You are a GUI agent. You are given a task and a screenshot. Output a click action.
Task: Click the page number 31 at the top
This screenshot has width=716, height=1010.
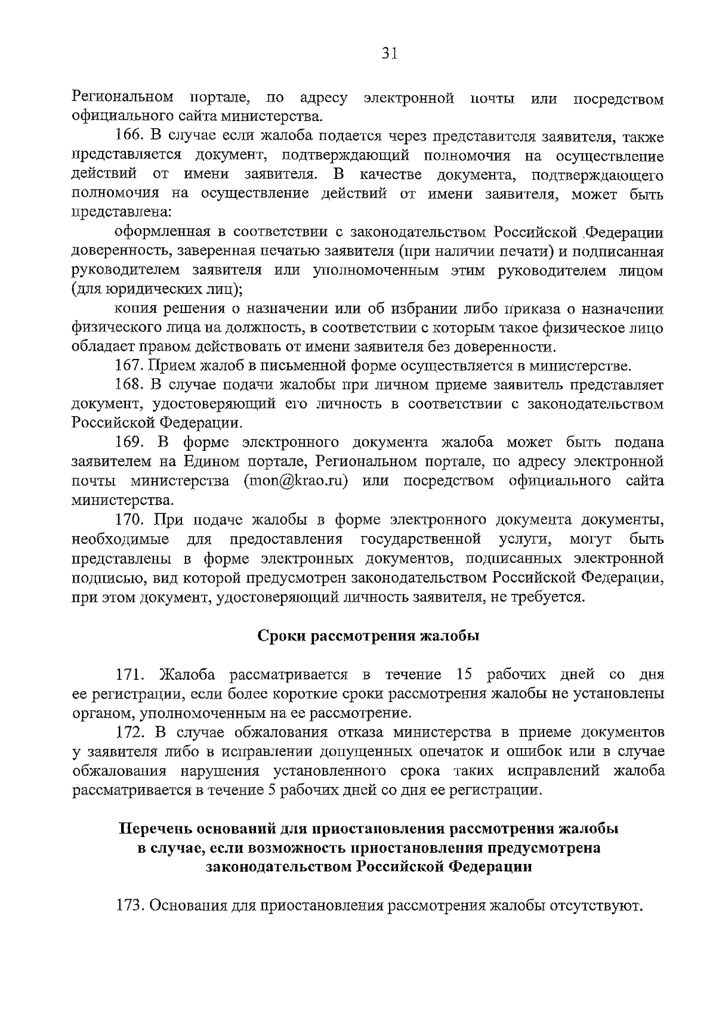click(x=388, y=54)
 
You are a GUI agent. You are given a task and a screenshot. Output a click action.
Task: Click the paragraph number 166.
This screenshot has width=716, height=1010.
click(x=128, y=138)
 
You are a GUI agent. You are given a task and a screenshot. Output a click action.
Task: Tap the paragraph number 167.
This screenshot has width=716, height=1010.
click(x=128, y=365)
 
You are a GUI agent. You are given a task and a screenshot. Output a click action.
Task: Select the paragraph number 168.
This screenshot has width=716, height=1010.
click(x=128, y=385)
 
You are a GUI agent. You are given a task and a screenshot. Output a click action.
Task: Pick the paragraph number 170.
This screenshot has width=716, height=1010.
click(x=128, y=520)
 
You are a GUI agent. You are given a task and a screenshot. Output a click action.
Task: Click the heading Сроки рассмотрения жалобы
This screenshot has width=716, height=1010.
click(x=369, y=636)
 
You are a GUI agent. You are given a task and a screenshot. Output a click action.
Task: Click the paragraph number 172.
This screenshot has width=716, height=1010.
click(x=128, y=733)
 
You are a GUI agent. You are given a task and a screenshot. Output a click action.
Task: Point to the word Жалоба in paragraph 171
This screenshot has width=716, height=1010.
click(x=187, y=675)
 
